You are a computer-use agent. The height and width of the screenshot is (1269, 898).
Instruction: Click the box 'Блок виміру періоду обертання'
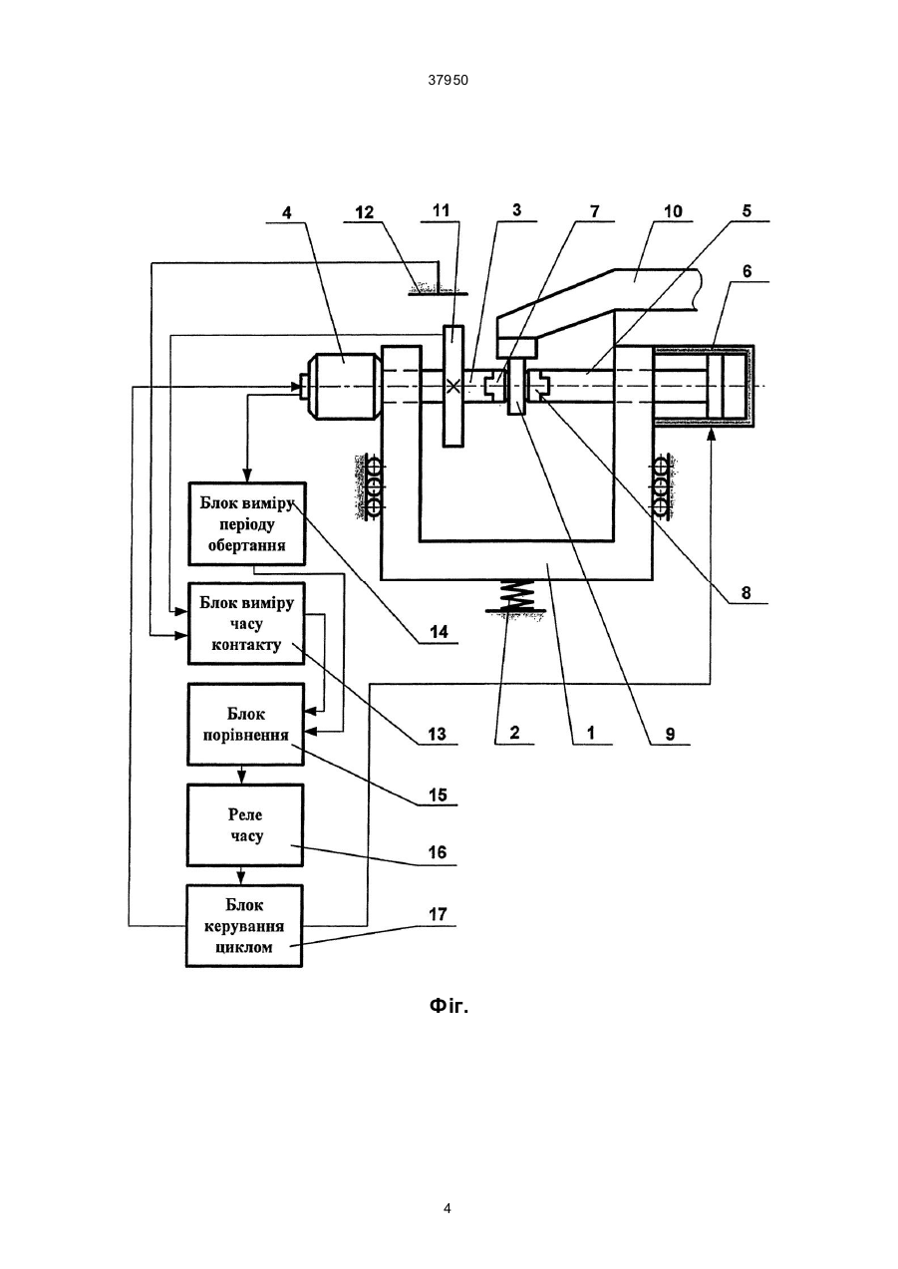coord(247,524)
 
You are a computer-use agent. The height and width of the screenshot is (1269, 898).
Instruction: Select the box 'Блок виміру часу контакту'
coord(247,623)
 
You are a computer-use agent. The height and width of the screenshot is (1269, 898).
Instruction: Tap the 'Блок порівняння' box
coord(246,725)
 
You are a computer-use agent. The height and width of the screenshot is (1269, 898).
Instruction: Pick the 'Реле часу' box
coord(245,825)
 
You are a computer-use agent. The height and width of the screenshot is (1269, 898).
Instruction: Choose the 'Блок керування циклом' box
coord(244,926)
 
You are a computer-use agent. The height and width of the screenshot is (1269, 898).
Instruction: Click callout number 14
coord(439,632)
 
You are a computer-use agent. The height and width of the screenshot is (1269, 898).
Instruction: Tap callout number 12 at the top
coord(365,212)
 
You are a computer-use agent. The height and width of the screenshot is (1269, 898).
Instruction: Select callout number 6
coord(747,271)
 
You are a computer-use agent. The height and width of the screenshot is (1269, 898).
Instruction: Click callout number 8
coord(746,592)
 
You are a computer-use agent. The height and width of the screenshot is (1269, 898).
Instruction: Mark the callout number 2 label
coord(514,733)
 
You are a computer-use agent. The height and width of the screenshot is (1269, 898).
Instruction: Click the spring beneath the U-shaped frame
coord(515,595)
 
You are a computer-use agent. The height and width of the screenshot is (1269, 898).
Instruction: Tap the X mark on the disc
coord(453,387)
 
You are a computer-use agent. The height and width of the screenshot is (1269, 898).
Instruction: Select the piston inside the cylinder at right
coord(715,386)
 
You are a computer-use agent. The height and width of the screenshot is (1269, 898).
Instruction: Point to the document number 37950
coord(449,81)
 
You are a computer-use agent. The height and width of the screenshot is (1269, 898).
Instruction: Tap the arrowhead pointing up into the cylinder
coord(711,434)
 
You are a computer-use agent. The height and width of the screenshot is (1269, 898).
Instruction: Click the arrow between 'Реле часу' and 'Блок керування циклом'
coord(242,876)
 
